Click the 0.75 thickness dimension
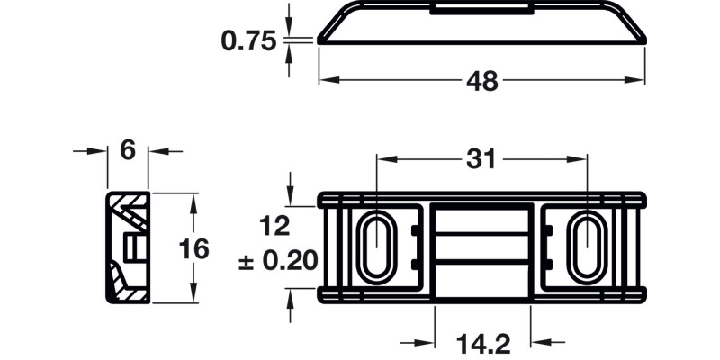pos(249,41)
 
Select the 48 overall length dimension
pos(482,81)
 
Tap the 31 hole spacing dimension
pos(481,158)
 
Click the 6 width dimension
pos(127,150)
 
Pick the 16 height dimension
pos(193,248)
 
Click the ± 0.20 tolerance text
pos(278,261)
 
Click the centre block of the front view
pos(481,247)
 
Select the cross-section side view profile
pos(127,248)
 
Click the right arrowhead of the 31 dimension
pos(580,158)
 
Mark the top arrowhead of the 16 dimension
pos(193,200)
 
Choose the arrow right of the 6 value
pos(157,150)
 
